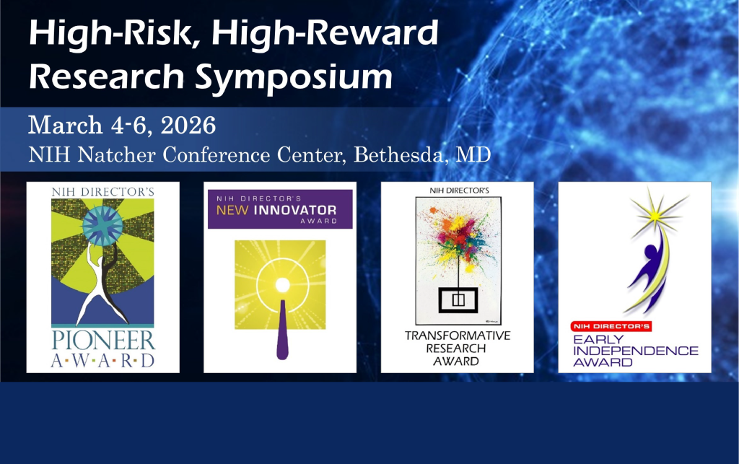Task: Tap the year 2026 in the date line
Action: point(188,126)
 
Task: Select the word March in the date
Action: point(66,126)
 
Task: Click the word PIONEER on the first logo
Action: point(102,340)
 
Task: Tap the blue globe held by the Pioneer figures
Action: point(102,226)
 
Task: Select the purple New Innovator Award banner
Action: point(280,209)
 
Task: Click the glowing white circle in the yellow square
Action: point(282,284)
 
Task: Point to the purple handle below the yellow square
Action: point(282,330)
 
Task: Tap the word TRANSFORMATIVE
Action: point(458,336)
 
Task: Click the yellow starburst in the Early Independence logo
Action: point(655,216)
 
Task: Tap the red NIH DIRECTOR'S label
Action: point(611,326)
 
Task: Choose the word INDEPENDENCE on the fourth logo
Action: point(635,351)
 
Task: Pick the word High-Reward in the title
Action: point(325,33)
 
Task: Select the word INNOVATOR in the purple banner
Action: point(295,210)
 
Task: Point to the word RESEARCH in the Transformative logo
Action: point(456,348)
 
